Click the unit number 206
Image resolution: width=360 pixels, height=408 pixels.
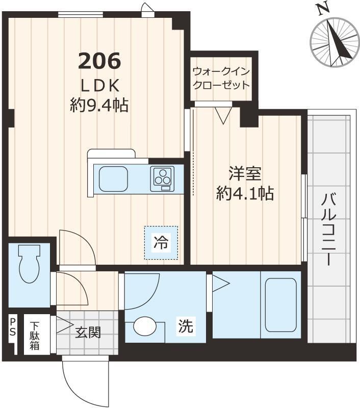pyautogui.click(x=99, y=61)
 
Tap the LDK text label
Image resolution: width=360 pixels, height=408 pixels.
pyautogui.click(x=99, y=85)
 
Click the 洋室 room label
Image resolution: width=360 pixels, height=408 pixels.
pyautogui.click(x=244, y=174)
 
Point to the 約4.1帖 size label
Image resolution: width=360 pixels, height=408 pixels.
pyautogui.click(x=244, y=193)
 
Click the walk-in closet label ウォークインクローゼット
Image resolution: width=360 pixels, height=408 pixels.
pyautogui.click(x=221, y=78)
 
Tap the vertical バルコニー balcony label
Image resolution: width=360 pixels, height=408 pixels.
pyautogui.click(x=327, y=229)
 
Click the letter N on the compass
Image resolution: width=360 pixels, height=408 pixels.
pyautogui.click(x=321, y=9)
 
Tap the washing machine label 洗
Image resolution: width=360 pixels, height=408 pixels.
pyautogui.click(x=186, y=326)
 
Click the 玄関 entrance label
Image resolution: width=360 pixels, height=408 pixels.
pyautogui.click(x=88, y=333)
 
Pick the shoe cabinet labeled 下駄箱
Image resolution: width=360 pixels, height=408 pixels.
pyautogui.click(x=35, y=336)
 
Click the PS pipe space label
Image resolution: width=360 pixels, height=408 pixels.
pyautogui.click(x=12, y=326)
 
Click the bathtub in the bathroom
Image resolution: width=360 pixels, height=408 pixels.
pyautogui.click(x=280, y=304)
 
